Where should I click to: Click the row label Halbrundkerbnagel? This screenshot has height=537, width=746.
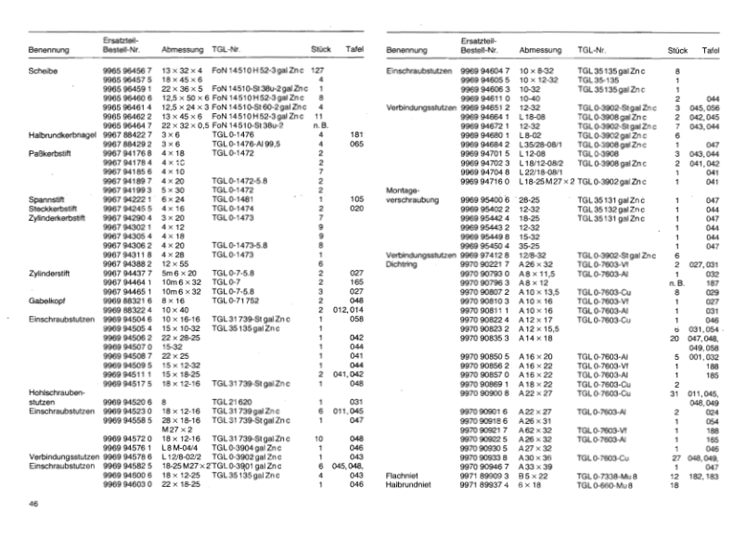(x=64, y=134)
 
